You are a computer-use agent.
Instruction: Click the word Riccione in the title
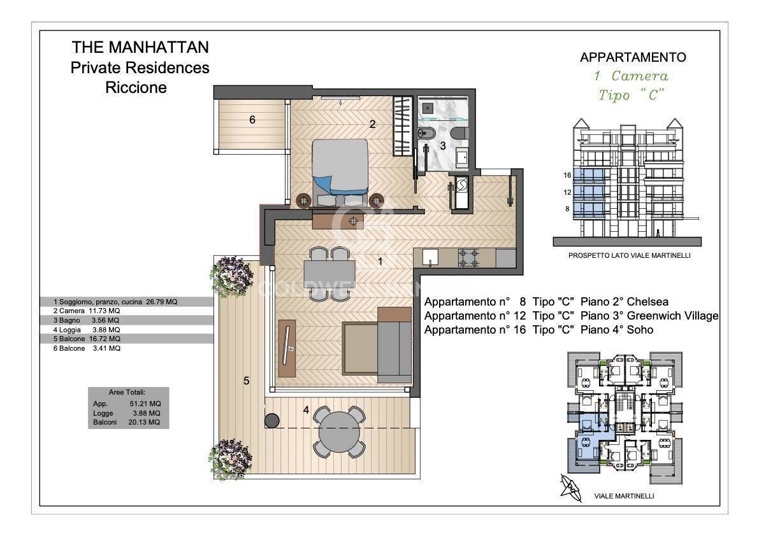pyautogui.click(x=136, y=88)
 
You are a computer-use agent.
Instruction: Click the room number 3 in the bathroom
pyautogui.click(x=442, y=145)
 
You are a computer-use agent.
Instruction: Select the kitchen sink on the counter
pyautogui.click(x=429, y=257)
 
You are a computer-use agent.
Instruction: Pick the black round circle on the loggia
pyautogui.click(x=273, y=420)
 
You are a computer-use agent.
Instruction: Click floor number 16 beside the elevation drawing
pyautogui.click(x=567, y=175)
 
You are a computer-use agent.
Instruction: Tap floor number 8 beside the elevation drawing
pyautogui.click(x=567, y=208)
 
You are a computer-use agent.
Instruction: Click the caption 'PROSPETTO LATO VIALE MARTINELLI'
pyautogui.click(x=630, y=255)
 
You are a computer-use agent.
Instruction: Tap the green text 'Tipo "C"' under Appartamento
pyautogui.click(x=631, y=95)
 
